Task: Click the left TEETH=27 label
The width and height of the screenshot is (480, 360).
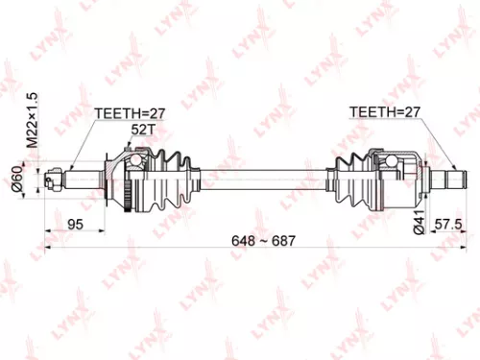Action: pos(130,113)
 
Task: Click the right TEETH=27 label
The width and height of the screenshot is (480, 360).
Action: pos(384,113)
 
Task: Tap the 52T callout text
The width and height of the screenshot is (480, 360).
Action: pos(143,129)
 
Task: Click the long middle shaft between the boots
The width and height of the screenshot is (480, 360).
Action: pos(259,177)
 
